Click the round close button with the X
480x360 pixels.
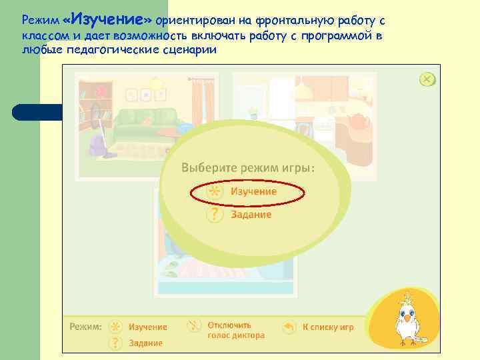pos(427,80)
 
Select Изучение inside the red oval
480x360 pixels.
pos(253,191)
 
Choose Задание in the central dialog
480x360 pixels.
pos(251,215)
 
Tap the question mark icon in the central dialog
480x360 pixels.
pos(214,215)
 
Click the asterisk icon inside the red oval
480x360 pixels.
pos(214,191)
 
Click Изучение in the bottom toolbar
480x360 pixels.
pos(147,327)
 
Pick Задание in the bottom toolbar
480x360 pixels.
pos(145,343)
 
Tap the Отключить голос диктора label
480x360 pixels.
pos(235,330)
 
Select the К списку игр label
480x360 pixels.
pos(328,327)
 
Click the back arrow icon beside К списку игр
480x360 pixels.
pos(289,327)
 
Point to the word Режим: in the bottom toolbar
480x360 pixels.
pos(86,327)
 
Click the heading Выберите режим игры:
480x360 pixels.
pos(248,167)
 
